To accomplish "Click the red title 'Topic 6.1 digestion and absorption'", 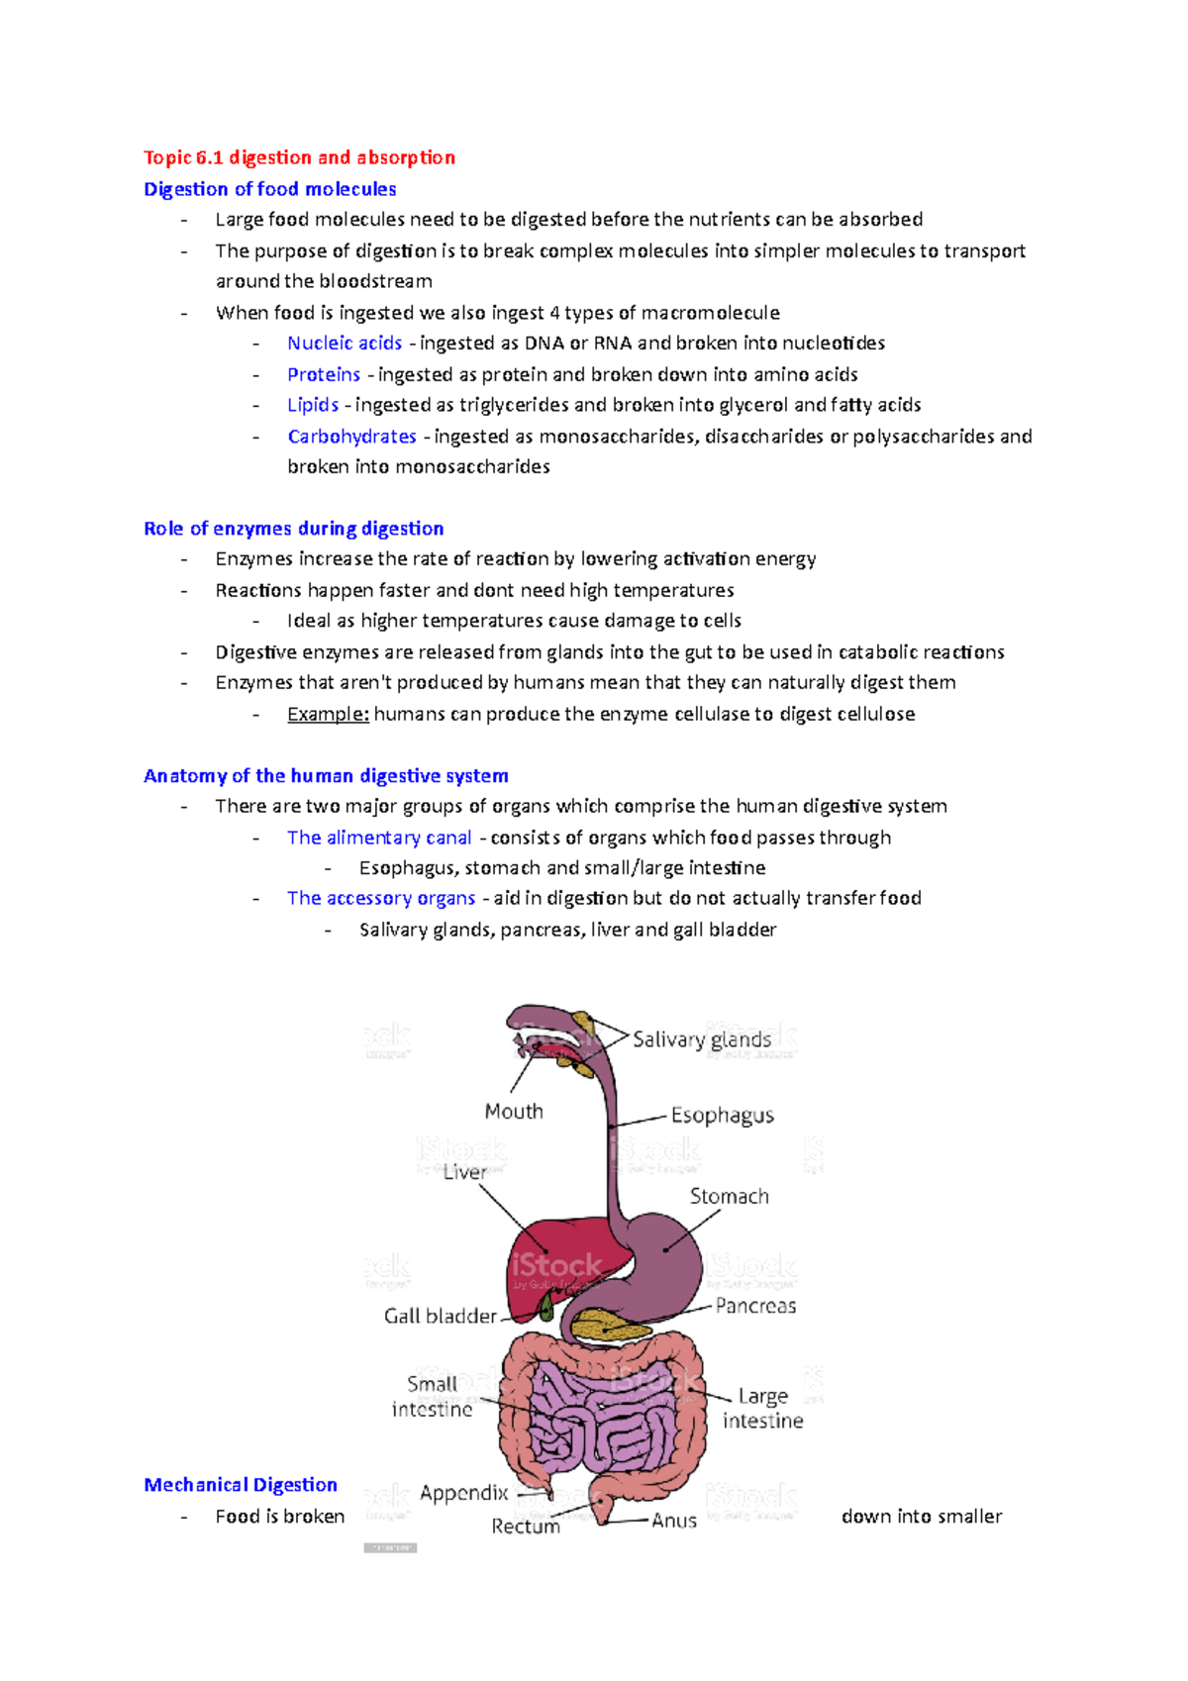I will (299, 157).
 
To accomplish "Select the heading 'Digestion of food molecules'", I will (269, 189).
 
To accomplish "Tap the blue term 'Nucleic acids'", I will (345, 344).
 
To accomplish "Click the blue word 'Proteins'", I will (324, 374).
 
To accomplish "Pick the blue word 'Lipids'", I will (313, 405).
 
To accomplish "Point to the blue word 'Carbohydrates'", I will (351, 437).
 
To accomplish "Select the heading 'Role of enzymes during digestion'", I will (293, 529).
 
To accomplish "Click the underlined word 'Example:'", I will (328, 714).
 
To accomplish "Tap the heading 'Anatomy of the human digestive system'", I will (326, 776).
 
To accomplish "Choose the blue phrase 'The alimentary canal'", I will (379, 838).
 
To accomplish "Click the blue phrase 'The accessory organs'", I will (381, 898).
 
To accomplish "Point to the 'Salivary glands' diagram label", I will (701, 1039).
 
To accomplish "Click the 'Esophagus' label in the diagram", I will (722, 1116).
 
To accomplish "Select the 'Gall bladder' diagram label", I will (441, 1316).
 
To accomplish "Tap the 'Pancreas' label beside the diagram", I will (755, 1306).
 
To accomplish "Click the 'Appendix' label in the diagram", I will (463, 1493).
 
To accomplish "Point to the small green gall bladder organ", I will (544, 1308).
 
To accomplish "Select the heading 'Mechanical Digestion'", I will (241, 1485).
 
